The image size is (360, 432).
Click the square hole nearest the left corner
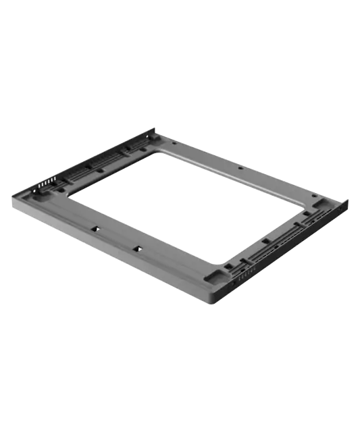[x=97, y=229]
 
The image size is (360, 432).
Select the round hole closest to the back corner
[x=175, y=143]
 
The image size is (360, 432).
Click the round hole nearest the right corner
[x=316, y=196]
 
